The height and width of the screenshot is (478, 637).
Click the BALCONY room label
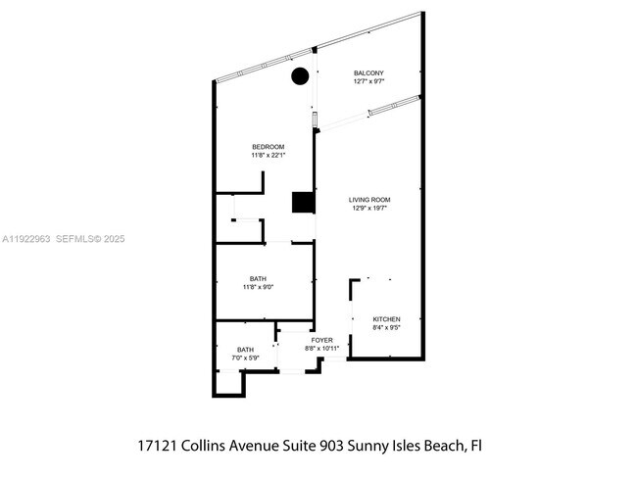pos(368,73)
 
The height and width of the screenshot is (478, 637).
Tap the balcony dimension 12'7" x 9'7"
pos(368,81)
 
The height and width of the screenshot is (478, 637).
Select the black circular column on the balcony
pos(300,75)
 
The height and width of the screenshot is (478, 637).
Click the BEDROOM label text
pos(268,147)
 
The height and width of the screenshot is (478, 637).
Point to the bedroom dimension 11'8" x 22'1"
pos(268,155)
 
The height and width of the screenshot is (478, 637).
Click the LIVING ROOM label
pos(369,200)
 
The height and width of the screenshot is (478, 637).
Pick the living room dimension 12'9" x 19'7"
pos(369,208)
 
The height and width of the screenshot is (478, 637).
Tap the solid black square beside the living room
pos(303,202)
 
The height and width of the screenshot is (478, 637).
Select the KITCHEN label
pos(386,319)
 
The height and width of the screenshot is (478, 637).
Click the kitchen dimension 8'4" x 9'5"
pos(386,327)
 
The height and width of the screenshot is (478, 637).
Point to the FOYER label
pos(322,340)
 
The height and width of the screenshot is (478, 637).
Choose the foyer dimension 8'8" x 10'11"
pos(322,348)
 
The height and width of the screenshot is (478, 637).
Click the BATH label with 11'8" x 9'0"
pos(259,279)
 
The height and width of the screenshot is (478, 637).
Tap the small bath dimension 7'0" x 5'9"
pos(246,358)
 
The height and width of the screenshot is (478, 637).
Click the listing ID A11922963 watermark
pos(25,238)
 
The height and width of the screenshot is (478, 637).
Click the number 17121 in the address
pos(157,445)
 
